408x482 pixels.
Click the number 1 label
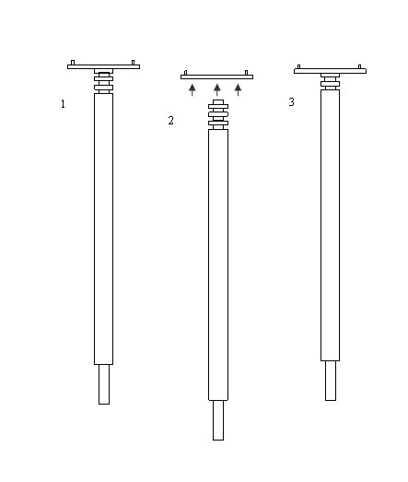(63, 104)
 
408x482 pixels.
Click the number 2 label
(170, 120)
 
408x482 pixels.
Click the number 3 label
(292, 101)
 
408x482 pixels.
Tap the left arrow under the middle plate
(192, 89)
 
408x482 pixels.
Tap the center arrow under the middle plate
(217, 89)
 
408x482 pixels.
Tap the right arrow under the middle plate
(239, 89)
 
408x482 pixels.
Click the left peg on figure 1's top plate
(73, 63)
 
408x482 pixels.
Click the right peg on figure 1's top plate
(133, 63)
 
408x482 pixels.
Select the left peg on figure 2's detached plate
(185, 73)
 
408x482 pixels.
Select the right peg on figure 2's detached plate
(246, 73)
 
